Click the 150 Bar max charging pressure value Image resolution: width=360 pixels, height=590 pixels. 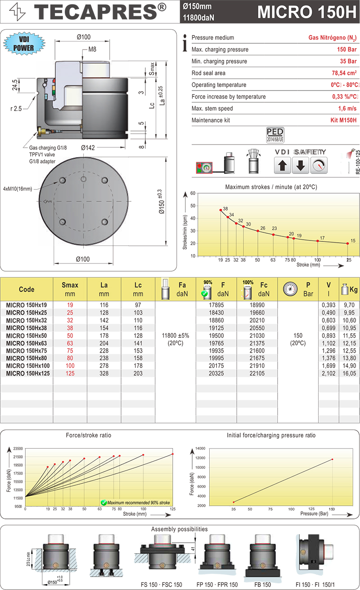[347, 50]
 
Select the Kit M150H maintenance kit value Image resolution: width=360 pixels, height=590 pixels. [341, 121]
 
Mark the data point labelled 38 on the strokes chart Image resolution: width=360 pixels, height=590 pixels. [220, 210]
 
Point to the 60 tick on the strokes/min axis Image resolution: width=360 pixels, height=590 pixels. [193, 194]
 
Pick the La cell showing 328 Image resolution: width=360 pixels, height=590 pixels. [104, 374]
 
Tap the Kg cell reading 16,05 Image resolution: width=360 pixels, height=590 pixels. [349, 374]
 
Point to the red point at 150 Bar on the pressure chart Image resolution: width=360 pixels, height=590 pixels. [332, 459]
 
